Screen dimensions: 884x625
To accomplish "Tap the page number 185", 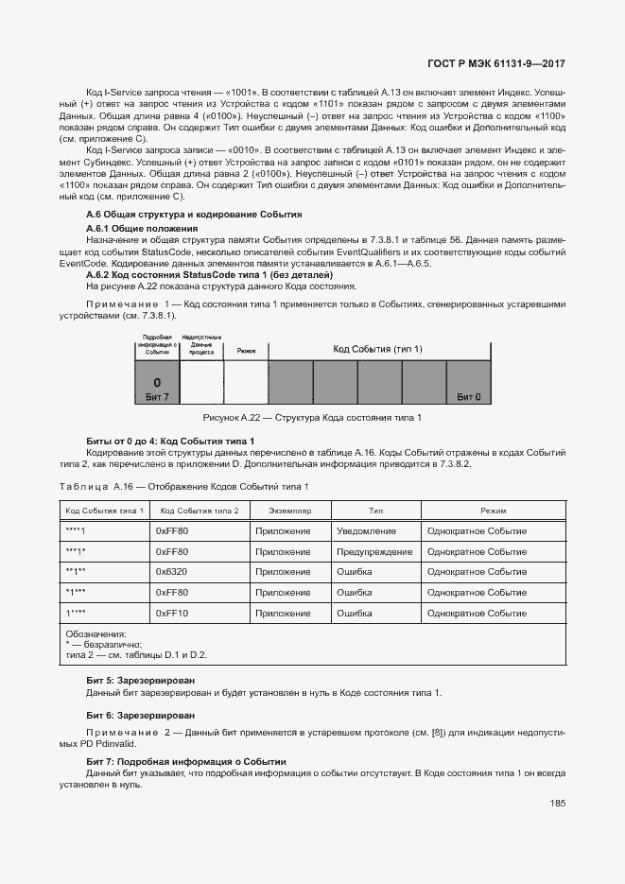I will coord(557,804).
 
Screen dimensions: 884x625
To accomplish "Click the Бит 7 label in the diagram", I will coord(156,397).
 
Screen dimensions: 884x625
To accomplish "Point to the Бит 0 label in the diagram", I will coord(468,397).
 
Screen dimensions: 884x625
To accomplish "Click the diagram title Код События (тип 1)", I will coord(377,350).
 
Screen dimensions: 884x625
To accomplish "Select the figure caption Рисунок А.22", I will coord(312,418).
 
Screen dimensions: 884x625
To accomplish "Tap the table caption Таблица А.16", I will coord(183,486).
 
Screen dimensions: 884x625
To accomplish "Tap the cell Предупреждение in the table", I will coord(374,552).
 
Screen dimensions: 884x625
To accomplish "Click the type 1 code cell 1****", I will coord(76,614).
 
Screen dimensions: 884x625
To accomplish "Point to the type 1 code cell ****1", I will coord(76,531).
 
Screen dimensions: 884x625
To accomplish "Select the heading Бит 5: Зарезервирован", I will coord(141,681).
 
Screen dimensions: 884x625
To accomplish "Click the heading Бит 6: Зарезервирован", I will coord(141,716).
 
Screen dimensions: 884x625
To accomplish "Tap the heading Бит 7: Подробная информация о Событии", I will coord(185,762).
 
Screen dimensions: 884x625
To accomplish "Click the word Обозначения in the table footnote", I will coord(95,634).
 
